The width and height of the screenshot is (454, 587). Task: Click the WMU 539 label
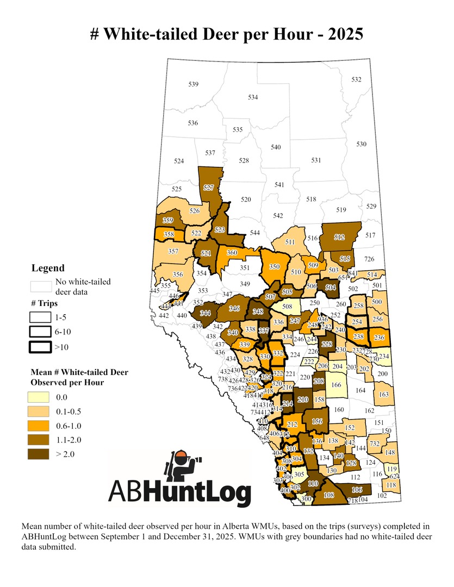click(193, 84)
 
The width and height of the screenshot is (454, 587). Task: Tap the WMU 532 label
click(356, 80)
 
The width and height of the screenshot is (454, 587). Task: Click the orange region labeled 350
click(273, 267)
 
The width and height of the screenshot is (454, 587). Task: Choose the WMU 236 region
click(379, 338)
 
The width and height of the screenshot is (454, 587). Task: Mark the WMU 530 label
click(362, 144)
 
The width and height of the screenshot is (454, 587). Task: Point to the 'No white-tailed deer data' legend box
click(42, 286)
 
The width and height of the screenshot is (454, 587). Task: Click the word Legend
click(48, 268)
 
